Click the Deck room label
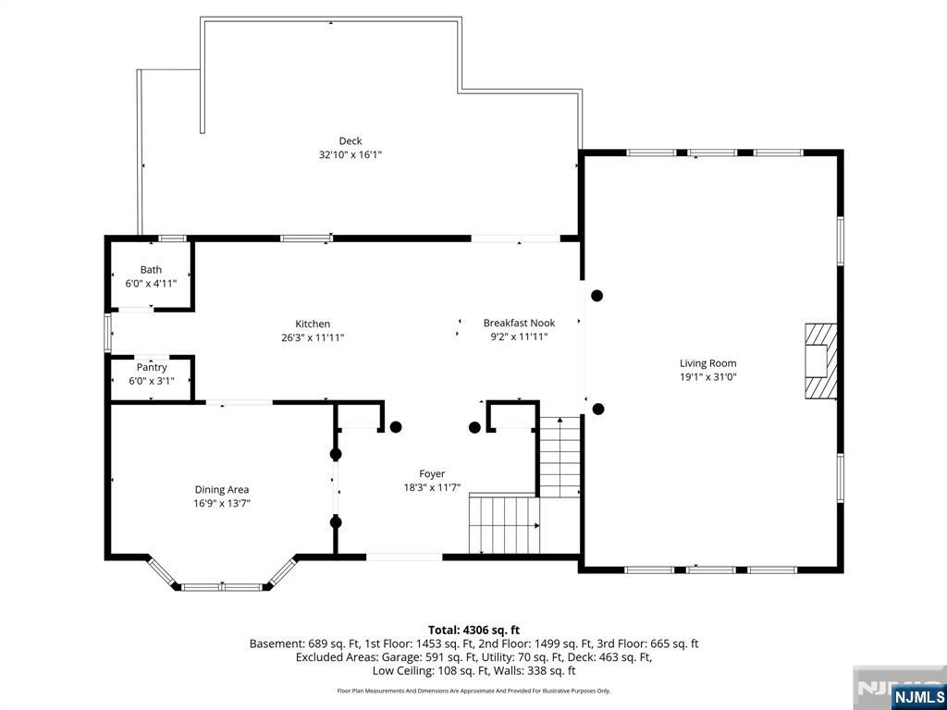pos(351,141)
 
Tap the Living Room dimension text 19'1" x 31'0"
pos(707,377)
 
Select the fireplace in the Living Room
pos(820,361)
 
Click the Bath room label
pos(151,270)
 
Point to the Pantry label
pos(152,367)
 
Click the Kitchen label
pos(313,324)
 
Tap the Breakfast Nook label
pos(519,323)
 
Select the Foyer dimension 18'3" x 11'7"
pos(433,487)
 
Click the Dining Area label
pos(222,490)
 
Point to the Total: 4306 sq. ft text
pos(473,630)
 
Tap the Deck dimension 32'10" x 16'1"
pos(351,154)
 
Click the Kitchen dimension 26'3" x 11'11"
pos(313,338)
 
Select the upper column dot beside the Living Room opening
pos(596,296)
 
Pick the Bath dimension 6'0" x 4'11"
pos(151,283)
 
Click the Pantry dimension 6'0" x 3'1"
pos(152,381)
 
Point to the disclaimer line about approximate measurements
pos(473,691)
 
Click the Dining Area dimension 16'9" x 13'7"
pos(222,503)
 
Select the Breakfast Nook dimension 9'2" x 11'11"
pos(519,337)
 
